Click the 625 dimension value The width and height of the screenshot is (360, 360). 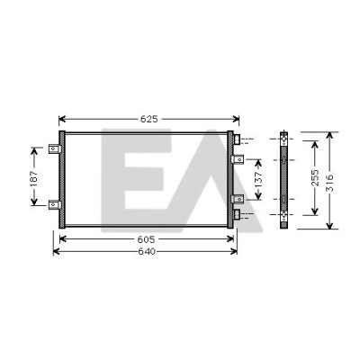click(149, 119)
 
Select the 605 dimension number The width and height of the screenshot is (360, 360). click(146, 239)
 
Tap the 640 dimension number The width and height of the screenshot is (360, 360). click(147, 251)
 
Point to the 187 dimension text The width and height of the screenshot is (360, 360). click(34, 178)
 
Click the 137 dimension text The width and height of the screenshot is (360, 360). click(258, 179)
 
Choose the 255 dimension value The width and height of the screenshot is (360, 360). click(315, 177)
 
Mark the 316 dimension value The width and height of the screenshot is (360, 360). click(329, 183)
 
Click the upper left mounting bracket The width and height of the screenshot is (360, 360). click(55, 148)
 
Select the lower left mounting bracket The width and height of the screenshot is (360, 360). click(55, 204)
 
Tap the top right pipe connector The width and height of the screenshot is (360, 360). click(237, 139)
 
